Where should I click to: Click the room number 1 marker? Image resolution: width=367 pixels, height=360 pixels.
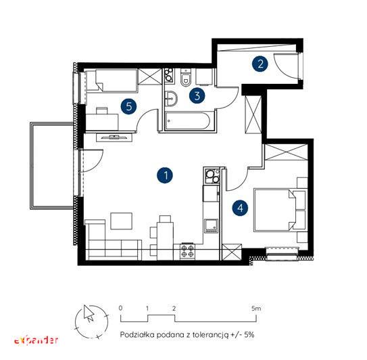point(165,175)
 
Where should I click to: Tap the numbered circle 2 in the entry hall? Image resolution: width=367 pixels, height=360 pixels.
point(260,64)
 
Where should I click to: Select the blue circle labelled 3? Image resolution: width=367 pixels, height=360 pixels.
point(197,95)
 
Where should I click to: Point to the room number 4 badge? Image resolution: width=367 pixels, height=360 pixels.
point(241,208)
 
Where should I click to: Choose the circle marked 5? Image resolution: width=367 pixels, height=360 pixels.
point(129,107)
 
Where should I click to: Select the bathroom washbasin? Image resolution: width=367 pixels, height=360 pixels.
point(171,99)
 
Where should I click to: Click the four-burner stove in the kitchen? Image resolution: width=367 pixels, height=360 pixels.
point(188,251)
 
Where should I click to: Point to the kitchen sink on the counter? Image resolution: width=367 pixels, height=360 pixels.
point(211,226)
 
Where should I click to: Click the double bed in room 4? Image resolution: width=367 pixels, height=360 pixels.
point(280,210)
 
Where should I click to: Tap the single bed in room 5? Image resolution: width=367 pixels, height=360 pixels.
point(112,81)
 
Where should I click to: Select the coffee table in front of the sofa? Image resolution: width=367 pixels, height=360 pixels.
point(121,221)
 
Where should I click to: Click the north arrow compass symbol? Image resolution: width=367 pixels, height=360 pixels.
point(92,321)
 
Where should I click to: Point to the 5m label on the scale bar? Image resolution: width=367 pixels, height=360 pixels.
point(256,308)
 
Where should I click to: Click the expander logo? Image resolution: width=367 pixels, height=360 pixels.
point(36,340)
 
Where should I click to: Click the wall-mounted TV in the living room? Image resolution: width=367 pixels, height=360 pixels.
point(114,137)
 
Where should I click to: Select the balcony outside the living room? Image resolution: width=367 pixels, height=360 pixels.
point(52,166)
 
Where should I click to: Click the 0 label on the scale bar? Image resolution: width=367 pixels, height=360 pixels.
point(120,308)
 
